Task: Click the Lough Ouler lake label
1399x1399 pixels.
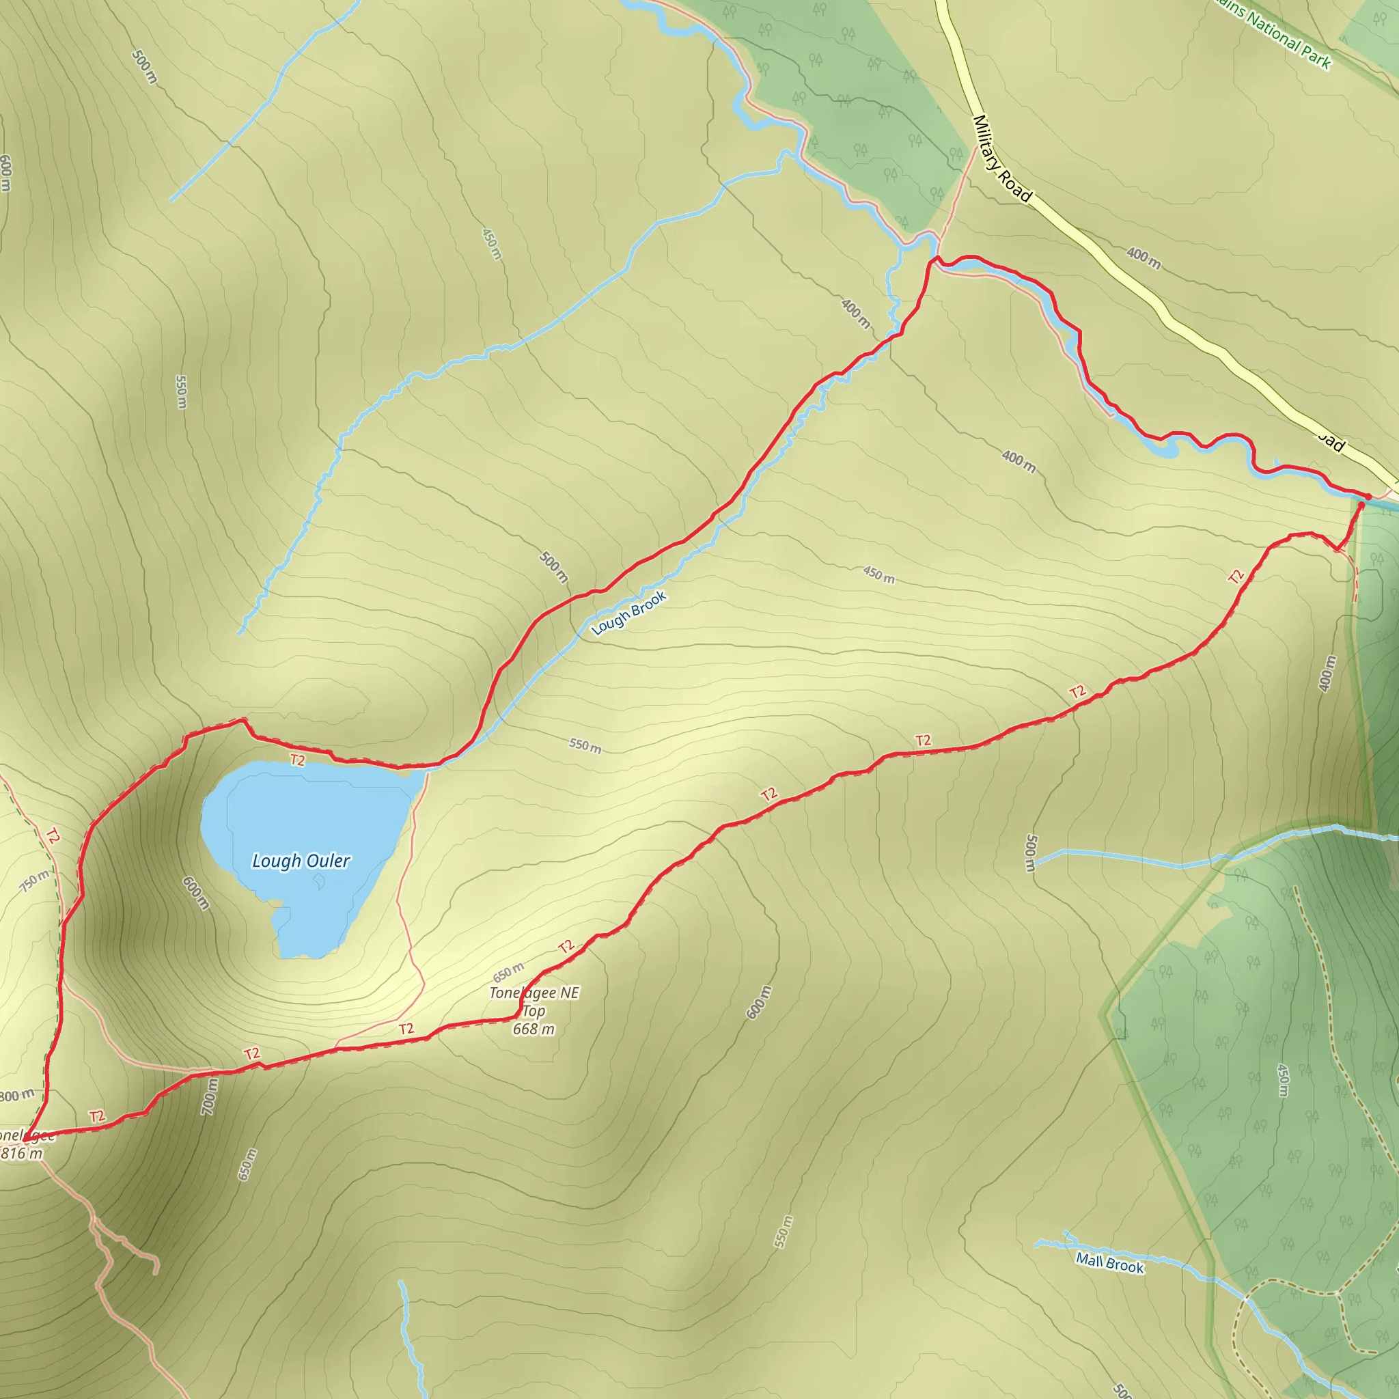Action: pyautogui.click(x=301, y=861)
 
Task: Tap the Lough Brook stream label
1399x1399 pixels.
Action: pyautogui.click(x=628, y=613)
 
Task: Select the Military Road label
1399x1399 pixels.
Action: pyautogui.click(x=1002, y=158)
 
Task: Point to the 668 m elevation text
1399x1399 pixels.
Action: pyautogui.click(x=534, y=1029)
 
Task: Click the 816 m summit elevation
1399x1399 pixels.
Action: pyautogui.click(x=22, y=1154)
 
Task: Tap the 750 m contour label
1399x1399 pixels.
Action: pyautogui.click(x=35, y=881)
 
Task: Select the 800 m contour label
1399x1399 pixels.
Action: pyautogui.click(x=16, y=1096)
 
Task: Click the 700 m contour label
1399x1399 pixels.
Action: pyautogui.click(x=209, y=1096)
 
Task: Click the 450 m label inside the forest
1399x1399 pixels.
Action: pyautogui.click(x=1282, y=1080)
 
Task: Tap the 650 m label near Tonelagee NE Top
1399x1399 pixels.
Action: pyautogui.click(x=508, y=972)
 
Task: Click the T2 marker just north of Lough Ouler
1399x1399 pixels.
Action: pyautogui.click(x=298, y=760)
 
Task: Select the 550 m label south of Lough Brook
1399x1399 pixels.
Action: pyautogui.click(x=584, y=745)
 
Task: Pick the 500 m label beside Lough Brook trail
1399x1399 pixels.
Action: pyautogui.click(x=554, y=567)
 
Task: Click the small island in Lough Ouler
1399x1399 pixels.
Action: pyautogui.click(x=318, y=881)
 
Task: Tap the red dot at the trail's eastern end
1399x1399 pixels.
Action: pyautogui.click(x=1368, y=496)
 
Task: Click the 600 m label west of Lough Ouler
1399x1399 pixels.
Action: pyautogui.click(x=195, y=893)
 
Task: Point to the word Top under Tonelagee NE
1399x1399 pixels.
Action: pyautogui.click(x=534, y=1011)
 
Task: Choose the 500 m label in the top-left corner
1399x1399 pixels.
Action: pyautogui.click(x=145, y=67)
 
